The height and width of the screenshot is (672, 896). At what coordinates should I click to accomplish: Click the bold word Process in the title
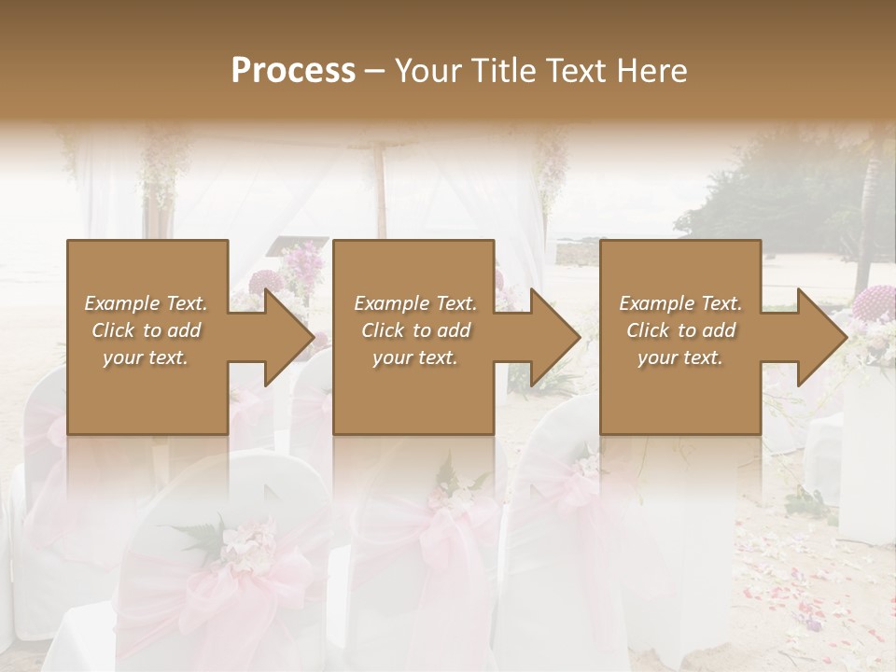(293, 70)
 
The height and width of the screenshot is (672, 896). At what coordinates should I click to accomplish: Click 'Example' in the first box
(121, 303)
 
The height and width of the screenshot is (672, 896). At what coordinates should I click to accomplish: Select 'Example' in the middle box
(391, 303)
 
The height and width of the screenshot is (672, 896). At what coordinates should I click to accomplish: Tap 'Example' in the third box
(656, 303)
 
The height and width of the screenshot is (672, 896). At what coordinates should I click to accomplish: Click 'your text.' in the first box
(145, 357)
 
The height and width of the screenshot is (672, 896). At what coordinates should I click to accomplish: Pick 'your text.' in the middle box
(414, 357)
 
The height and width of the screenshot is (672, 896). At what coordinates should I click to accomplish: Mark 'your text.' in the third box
(679, 357)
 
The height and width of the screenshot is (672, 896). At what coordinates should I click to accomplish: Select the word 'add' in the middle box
(454, 330)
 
